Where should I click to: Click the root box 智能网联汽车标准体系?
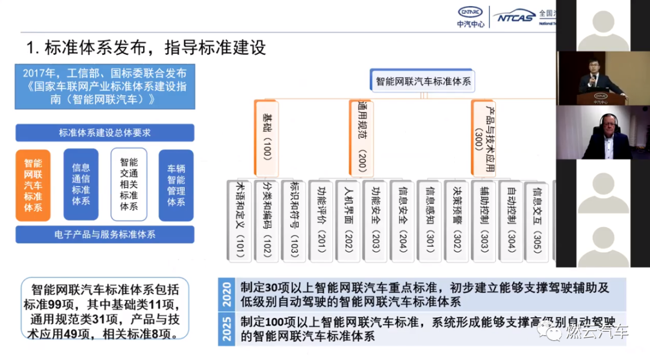pos(424,81)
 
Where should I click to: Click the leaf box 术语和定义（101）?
pos(240,220)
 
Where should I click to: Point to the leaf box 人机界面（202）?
pos(348,220)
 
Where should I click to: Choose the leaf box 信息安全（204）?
pos(402,220)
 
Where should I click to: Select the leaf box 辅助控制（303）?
pos(483,220)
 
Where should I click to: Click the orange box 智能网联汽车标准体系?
pos(33,185)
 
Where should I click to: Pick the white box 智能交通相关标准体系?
pos(129,185)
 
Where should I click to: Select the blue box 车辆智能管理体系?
pos(176,185)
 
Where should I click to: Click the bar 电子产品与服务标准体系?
pos(105,234)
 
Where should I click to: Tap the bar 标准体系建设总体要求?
pos(105,132)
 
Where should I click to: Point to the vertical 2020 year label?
pos(227,294)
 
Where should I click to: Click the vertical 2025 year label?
pos(227,329)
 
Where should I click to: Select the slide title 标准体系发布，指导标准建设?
pos(147,47)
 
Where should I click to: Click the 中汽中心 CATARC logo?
pos(470,17)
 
